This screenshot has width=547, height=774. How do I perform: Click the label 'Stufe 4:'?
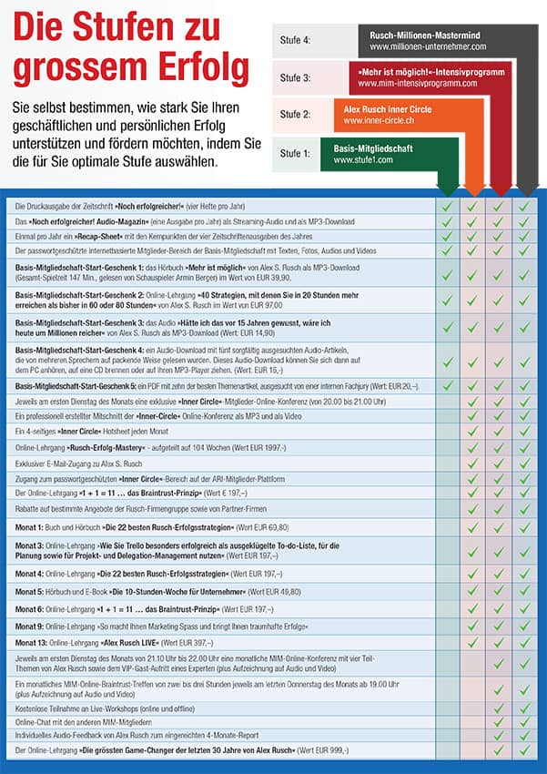pos(296,40)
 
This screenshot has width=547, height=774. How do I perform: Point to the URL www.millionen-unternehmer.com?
pos(428,46)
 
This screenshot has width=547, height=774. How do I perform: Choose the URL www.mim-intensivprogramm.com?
pos(420,84)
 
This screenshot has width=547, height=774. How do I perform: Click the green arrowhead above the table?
pos(446,188)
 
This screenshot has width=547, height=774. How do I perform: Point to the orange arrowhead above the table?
pos(472,188)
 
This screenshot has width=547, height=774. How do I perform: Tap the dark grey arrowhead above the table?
pos(524,188)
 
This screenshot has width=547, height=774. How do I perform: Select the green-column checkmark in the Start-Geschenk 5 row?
pos(446,386)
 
